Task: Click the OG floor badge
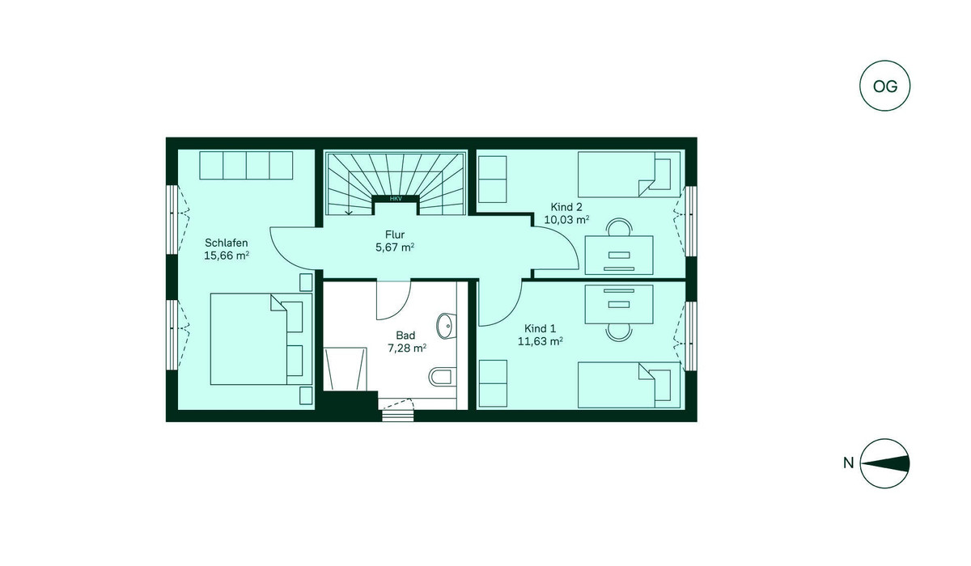884,86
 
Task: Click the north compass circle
884,463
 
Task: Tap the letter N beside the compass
848,463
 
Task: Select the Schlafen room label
227,243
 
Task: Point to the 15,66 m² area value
227,256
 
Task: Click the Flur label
395,234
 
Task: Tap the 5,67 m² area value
395,247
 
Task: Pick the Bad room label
405,336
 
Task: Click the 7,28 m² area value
407,348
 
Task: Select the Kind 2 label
566,207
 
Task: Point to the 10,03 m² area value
566,220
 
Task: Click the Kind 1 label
541,329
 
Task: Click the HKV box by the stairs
396,199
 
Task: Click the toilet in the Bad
443,376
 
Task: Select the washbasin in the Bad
446,326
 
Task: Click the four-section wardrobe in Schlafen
246,166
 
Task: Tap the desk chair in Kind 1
619,332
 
